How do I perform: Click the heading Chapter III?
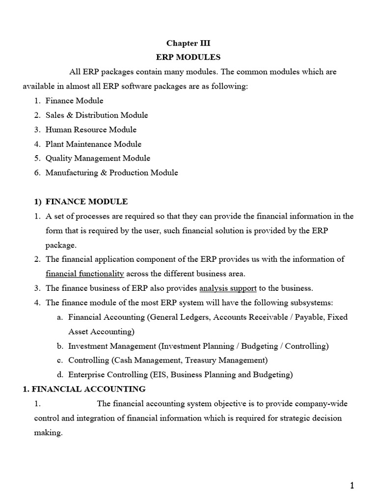(188, 43)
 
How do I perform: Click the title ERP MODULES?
(188, 57)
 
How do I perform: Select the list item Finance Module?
(74, 101)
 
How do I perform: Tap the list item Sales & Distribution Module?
(97, 115)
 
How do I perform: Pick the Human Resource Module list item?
(91, 130)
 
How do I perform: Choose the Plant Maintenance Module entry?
(93, 144)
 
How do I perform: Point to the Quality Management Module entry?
(98, 158)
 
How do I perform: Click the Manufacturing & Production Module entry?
(111, 172)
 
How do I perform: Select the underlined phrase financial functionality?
(85, 274)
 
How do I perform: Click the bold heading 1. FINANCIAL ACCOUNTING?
(84, 389)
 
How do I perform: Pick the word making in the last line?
(48, 433)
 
